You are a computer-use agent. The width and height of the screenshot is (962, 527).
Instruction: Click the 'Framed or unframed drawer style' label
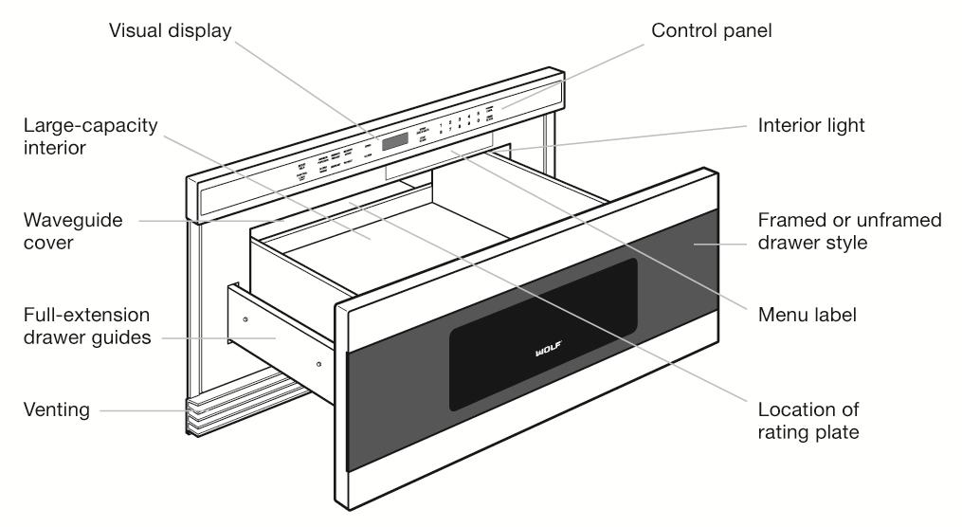coord(848,230)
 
